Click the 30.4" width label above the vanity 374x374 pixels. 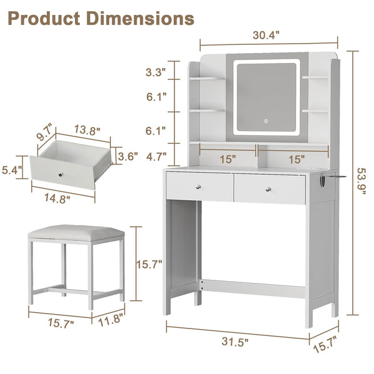[266, 36]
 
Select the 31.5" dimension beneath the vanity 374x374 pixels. [235, 342]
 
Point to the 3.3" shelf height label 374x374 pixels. [155, 72]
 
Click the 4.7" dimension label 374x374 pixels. [156, 157]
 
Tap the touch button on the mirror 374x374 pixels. [266, 121]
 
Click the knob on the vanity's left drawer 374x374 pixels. [198, 187]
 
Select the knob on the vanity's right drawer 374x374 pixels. [268, 189]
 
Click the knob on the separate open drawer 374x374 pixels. [61, 175]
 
